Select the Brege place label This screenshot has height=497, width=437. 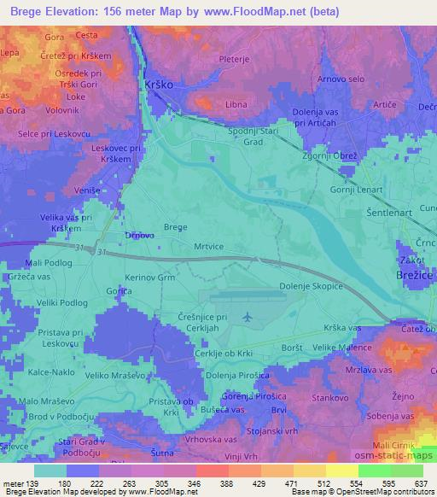[x=175, y=227]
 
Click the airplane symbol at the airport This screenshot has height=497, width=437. [x=248, y=317]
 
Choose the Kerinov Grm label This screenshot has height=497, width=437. [x=150, y=278]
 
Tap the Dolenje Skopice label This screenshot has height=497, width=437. [x=311, y=287]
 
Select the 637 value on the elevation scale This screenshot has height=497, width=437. [x=421, y=482]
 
